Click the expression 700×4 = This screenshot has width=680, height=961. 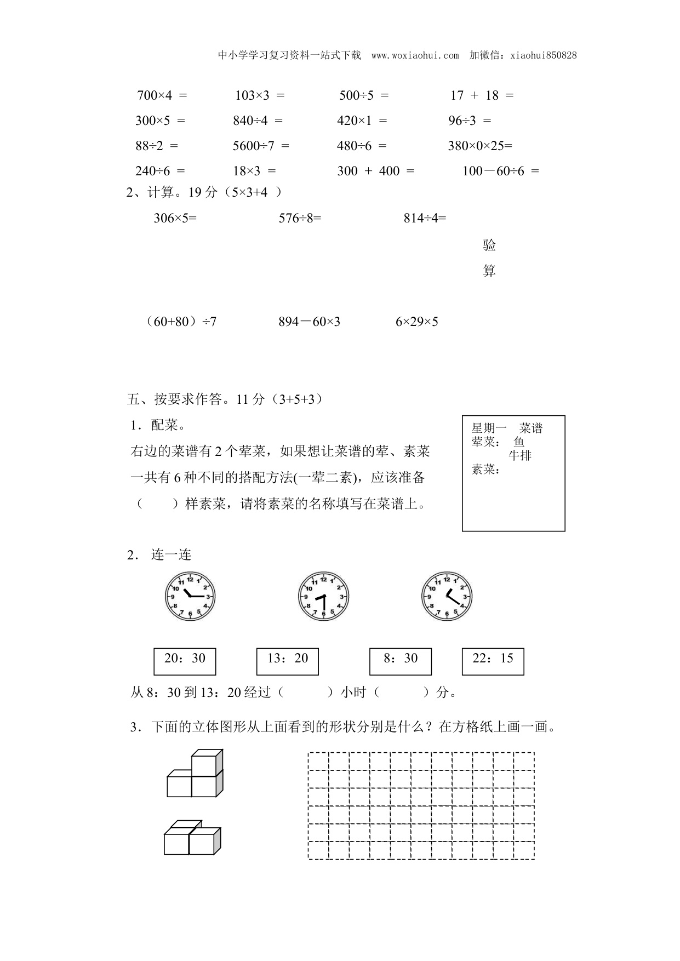(x=162, y=95)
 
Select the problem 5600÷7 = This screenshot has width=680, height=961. (x=261, y=146)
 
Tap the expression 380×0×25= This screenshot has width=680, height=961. (x=480, y=146)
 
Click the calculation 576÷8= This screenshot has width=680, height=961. (x=300, y=218)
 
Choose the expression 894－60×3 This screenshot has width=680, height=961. (x=309, y=322)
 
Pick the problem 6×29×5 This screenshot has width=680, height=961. (x=416, y=322)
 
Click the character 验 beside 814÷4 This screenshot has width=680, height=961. (x=489, y=245)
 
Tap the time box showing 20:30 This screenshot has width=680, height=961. (x=185, y=661)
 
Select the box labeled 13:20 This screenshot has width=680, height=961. (x=288, y=661)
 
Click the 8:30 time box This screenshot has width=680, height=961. (x=400, y=661)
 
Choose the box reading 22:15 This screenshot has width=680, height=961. (x=493, y=661)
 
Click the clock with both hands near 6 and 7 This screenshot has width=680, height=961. (x=323, y=597)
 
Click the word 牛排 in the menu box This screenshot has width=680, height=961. (x=519, y=455)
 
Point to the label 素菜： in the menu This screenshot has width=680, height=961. (x=485, y=470)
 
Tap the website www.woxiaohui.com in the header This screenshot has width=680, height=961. (x=415, y=55)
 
